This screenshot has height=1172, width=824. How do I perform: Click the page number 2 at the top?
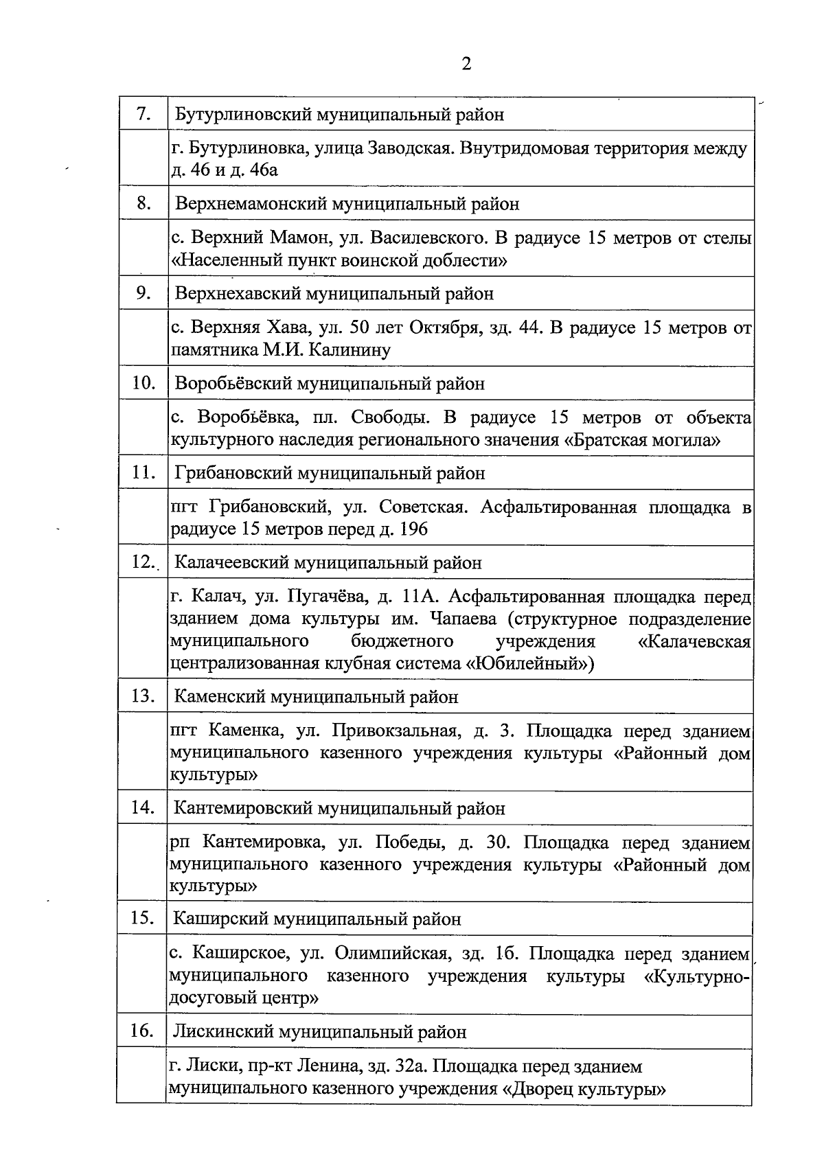pyautogui.click(x=466, y=64)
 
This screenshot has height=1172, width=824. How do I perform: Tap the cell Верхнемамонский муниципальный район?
pyautogui.click(x=347, y=204)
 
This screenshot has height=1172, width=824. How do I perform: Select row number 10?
pyautogui.click(x=144, y=383)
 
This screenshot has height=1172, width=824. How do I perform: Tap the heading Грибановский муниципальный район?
pyautogui.click(x=330, y=473)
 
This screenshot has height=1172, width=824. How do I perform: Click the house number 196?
pyautogui.click(x=412, y=529)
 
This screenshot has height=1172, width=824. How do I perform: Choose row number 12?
pyautogui.click(x=144, y=562)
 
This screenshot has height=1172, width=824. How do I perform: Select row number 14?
pyautogui.click(x=143, y=807)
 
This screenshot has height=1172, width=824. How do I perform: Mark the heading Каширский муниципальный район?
pyautogui.click(x=317, y=919)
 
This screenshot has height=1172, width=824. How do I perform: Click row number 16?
pyautogui.click(x=142, y=1031)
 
